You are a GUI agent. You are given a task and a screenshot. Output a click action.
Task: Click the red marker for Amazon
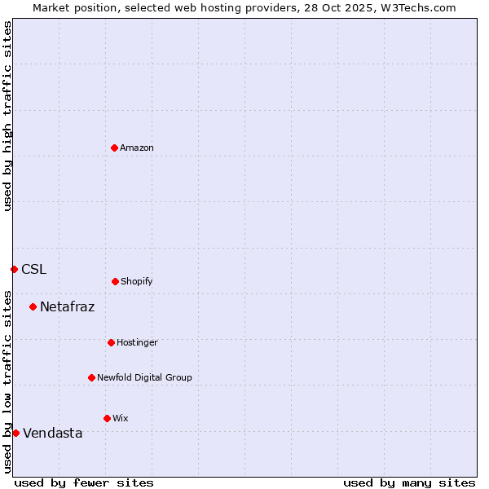coord(114,148)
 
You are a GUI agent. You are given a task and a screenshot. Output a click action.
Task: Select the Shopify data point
coord(115,281)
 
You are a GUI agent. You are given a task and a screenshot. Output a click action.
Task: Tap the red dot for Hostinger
coord(111,342)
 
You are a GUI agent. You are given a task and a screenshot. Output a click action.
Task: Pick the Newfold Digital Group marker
coord(91,377)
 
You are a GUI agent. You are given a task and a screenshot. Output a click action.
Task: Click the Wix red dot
coord(107,418)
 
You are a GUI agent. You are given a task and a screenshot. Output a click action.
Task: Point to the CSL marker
coord(14,269)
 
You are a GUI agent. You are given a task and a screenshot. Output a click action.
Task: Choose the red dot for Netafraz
coord(33,306)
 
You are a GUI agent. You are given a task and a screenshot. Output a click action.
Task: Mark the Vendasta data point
coord(15,433)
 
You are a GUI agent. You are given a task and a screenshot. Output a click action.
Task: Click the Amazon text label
coord(137,148)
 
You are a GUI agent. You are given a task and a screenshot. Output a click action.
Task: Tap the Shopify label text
coord(137,281)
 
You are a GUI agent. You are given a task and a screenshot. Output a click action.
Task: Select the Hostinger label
coord(137,342)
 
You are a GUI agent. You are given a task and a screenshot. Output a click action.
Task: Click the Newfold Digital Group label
coord(144,377)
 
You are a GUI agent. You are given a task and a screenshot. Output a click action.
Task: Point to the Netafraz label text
coord(67,306)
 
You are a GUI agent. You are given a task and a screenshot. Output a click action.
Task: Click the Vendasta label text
coord(52,433)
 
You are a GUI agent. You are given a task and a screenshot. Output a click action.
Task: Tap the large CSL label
coord(33,269)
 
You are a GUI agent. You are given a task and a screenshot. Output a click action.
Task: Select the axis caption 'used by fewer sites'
coord(84,482)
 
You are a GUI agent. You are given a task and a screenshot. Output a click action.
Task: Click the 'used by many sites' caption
coord(409,482)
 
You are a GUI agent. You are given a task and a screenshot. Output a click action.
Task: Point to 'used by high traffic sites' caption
coord(7,116)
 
